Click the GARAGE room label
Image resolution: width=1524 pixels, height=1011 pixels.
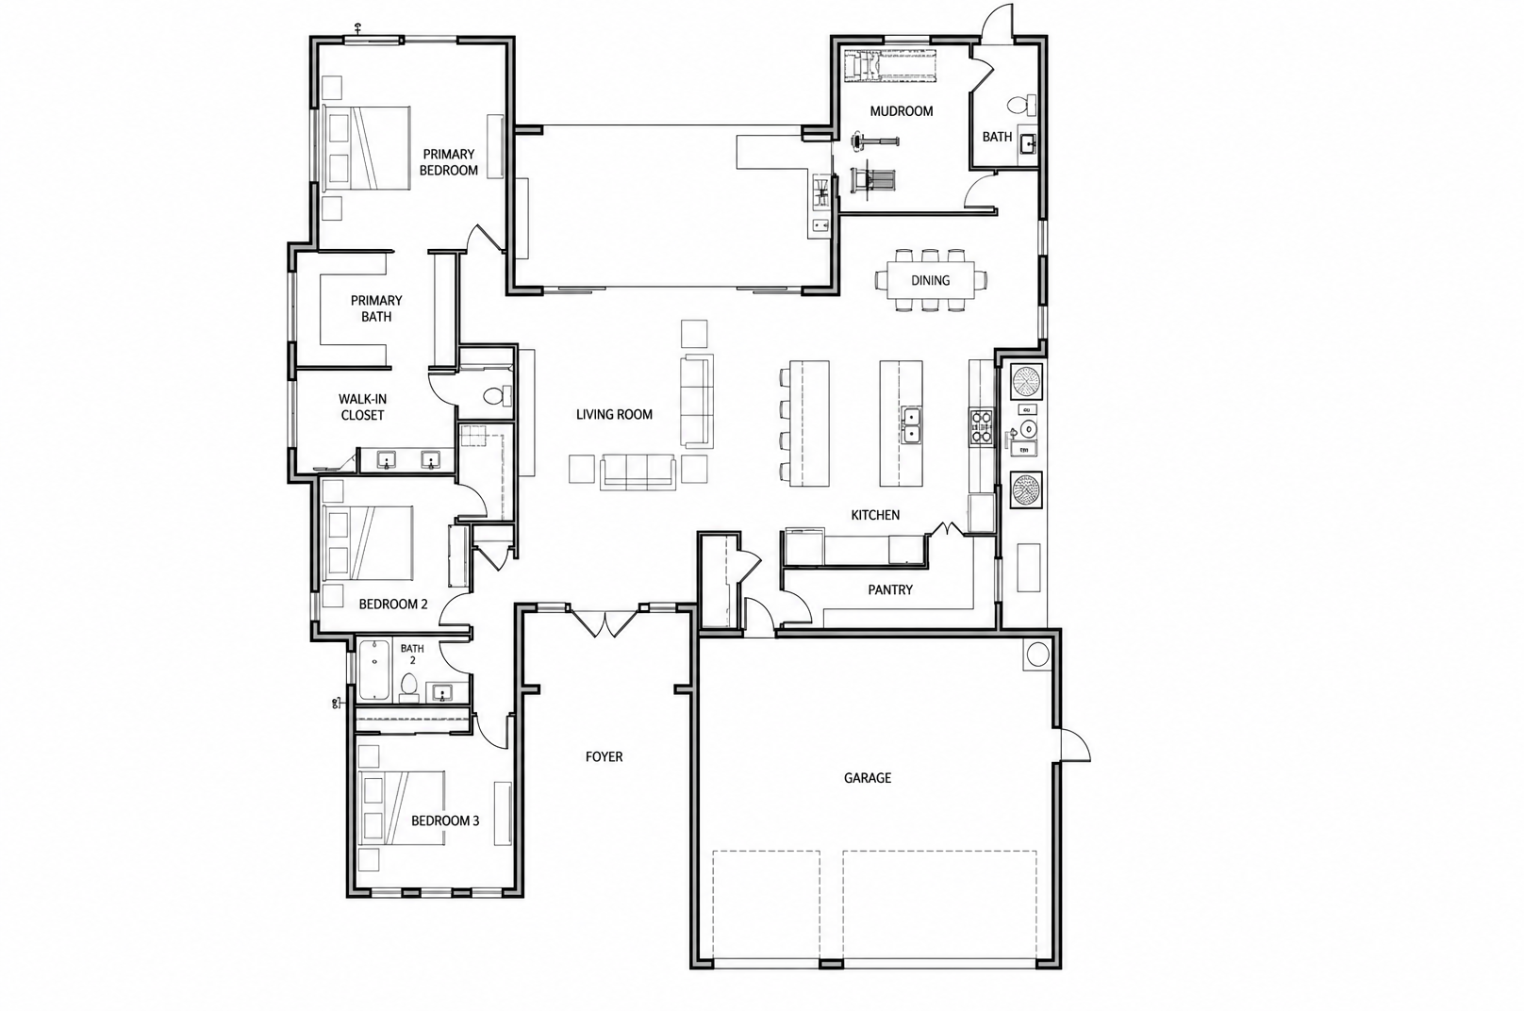868,778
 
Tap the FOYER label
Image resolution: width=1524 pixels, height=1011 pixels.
605,756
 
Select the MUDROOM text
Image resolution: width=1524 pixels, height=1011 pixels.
902,111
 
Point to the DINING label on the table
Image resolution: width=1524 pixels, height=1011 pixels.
930,280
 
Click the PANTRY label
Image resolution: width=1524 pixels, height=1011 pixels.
890,589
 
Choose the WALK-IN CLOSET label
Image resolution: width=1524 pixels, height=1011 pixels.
363,406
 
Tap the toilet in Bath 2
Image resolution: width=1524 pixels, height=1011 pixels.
409,687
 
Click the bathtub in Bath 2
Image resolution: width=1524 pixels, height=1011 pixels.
373,670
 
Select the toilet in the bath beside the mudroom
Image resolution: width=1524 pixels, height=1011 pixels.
1021,105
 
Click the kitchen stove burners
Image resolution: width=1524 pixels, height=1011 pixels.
981,426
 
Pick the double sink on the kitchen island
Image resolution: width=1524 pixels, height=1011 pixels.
911,425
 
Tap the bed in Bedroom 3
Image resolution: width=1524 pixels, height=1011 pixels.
402,807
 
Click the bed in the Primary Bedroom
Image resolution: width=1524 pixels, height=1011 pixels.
367,148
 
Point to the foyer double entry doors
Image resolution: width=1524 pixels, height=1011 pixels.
605,622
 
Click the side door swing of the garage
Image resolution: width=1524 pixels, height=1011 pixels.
1073,746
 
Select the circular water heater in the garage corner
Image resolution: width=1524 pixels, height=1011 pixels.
1037,655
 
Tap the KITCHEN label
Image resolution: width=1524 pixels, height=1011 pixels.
875,515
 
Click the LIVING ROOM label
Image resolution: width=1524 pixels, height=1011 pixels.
614,414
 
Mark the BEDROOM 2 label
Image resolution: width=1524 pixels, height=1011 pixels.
393,605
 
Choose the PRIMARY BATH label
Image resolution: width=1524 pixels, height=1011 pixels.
376,308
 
